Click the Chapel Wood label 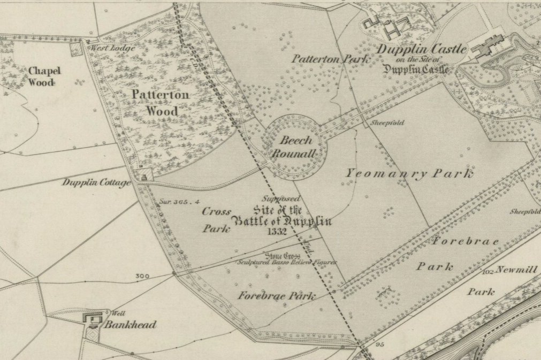click(x=44, y=76)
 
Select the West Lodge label click(x=111, y=48)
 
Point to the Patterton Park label click(x=330, y=59)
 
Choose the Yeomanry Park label click(x=409, y=173)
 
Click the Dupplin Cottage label click(x=96, y=183)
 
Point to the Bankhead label click(x=130, y=325)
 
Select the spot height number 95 click(x=380, y=344)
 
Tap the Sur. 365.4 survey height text click(x=180, y=202)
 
